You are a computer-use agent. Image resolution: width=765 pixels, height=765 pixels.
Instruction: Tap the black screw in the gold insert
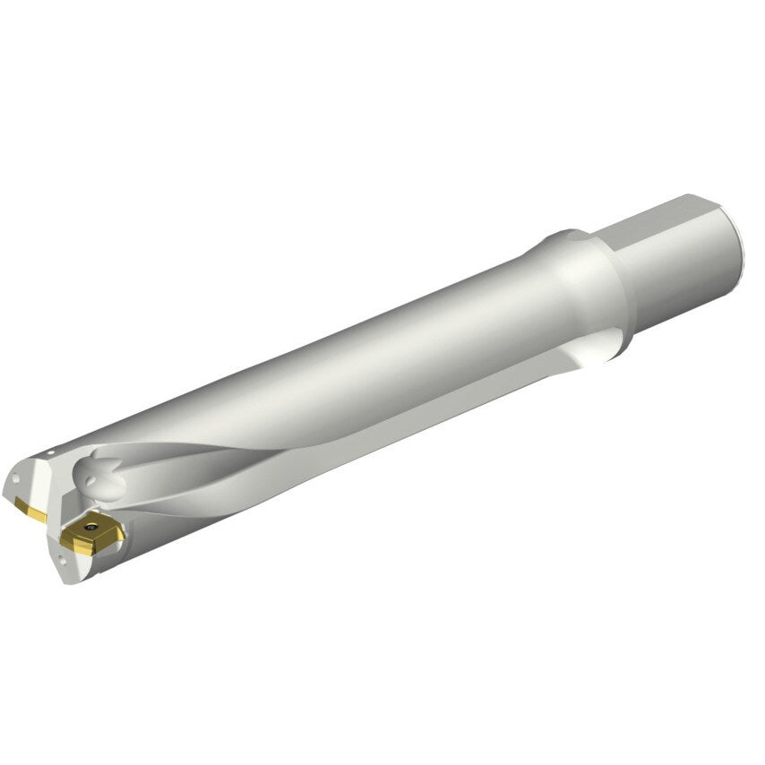pos(90,529)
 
